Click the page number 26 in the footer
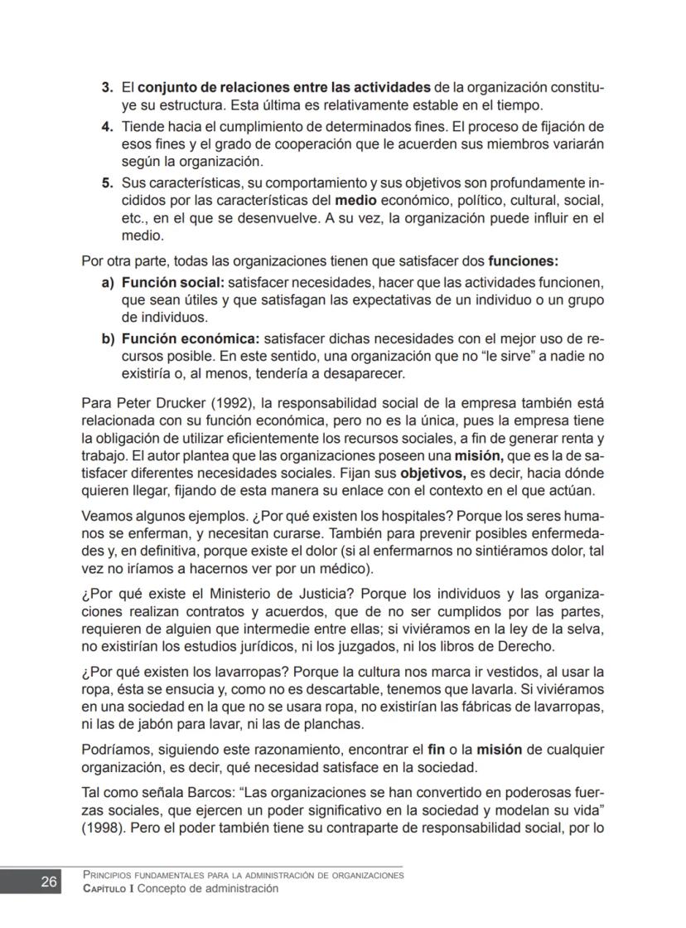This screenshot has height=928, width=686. tap(49, 882)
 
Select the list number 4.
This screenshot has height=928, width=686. tap(106, 127)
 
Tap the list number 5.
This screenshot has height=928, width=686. tap(106, 182)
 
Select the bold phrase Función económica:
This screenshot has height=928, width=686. tap(191, 338)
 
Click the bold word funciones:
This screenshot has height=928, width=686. tap(523, 260)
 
